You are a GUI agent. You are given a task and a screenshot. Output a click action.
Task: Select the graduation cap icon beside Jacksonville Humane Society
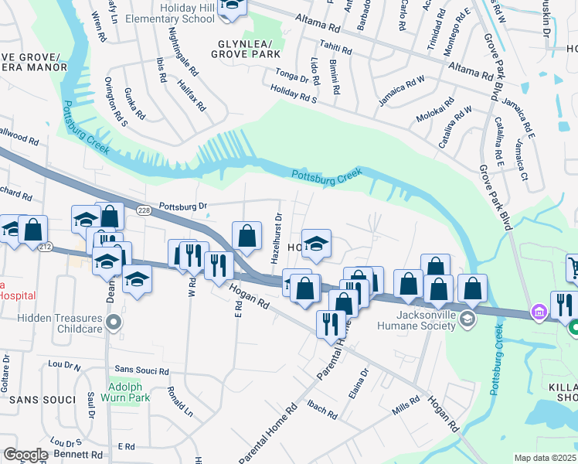point(467,319)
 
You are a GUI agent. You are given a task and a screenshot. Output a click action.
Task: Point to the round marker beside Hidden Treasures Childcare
point(114,322)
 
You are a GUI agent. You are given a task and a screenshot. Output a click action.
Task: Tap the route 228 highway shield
point(144,210)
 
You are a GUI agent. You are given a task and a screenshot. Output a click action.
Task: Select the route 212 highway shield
point(45,247)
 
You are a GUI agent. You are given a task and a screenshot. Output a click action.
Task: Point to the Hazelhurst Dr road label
point(277,238)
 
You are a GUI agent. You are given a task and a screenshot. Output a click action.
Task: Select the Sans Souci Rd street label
point(141,371)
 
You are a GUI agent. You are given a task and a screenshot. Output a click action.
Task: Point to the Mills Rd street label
point(406,404)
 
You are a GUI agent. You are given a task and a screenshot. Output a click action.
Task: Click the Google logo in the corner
point(25,454)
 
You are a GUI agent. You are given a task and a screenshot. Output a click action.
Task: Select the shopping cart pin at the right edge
point(573,268)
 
